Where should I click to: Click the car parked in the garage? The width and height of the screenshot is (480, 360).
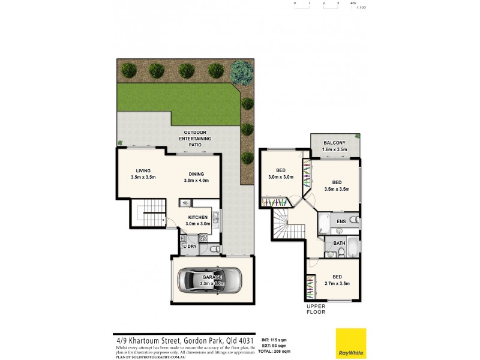(x=212, y=280)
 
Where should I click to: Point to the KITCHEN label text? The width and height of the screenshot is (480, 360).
(x=198, y=217)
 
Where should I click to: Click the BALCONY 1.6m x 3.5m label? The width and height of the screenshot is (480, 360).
(x=335, y=146)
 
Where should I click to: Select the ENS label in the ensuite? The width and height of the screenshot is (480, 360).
(x=341, y=222)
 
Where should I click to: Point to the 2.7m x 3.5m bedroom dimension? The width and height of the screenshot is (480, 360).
(x=337, y=284)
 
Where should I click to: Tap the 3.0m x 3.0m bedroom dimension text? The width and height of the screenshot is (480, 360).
(x=280, y=178)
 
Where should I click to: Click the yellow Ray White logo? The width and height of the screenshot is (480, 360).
(x=351, y=343)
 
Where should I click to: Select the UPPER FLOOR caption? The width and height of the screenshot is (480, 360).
(x=316, y=309)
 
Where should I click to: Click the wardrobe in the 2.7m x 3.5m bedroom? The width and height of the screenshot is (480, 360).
(x=310, y=286)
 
